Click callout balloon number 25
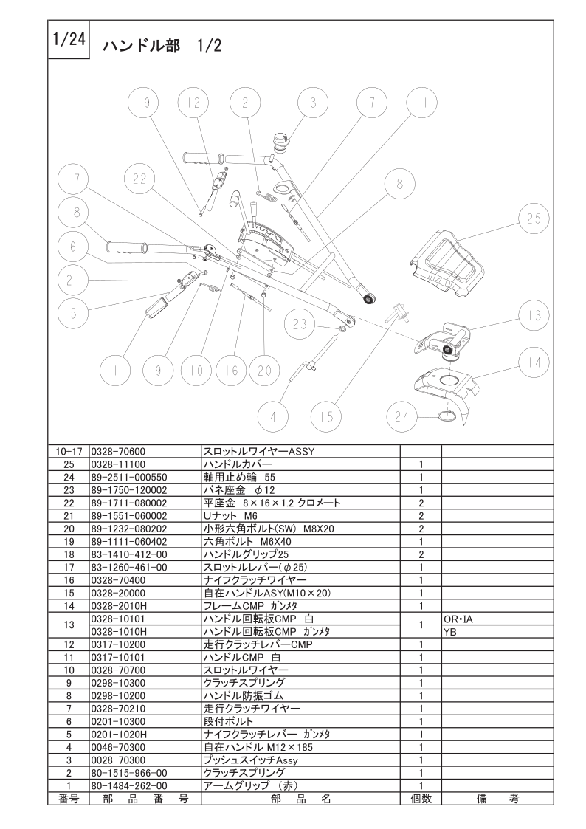534,219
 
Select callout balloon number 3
314,103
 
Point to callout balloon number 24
402,417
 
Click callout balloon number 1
116,371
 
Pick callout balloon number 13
534,316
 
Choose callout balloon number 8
400,184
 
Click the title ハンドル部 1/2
162,46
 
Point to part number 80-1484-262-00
129,785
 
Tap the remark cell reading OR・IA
458,619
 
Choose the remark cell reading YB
449,631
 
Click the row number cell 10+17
69,452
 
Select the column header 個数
421,798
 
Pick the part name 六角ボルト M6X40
247,541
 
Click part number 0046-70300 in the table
118,747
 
